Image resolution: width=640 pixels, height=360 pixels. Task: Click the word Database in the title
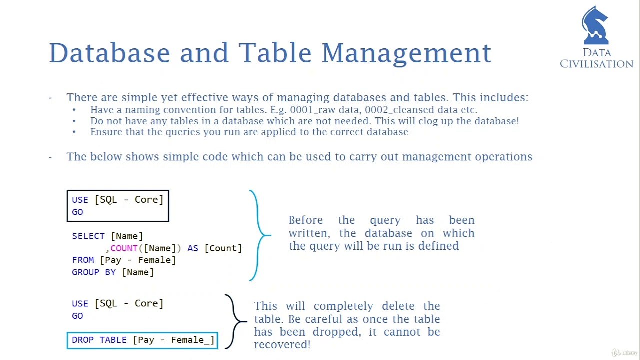tap(109, 53)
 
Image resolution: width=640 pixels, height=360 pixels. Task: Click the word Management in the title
tap(406, 54)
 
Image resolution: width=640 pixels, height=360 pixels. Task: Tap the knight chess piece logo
tap(595, 25)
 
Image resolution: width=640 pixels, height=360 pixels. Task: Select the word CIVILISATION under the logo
tap(596, 64)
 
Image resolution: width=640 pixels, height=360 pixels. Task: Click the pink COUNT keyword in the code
tap(124, 248)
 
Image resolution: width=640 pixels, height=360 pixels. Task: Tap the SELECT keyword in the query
tap(88, 236)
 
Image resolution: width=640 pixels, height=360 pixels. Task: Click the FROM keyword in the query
tap(83, 260)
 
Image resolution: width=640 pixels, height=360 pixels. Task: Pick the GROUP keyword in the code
tap(85, 272)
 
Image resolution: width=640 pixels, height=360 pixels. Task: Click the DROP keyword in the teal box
tap(83, 340)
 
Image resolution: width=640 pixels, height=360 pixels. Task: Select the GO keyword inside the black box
tap(77, 212)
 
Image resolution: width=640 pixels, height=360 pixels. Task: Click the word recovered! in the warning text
tap(282, 345)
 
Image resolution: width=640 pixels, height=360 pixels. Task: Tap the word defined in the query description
tap(439, 246)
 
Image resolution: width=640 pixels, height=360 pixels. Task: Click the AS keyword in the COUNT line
tap(193, 248)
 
